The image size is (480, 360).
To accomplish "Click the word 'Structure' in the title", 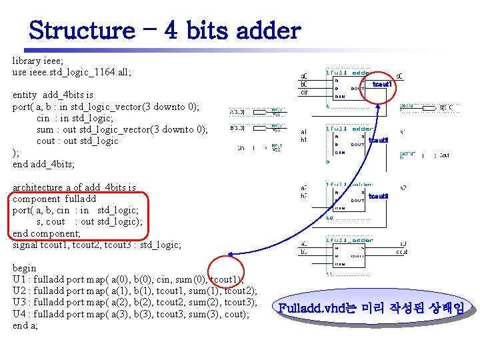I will click(81, 30).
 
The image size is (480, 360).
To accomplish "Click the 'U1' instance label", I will click(19, 279).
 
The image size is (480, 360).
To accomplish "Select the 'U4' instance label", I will click(19, 314).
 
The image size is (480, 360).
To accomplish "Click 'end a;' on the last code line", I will click(26, 325).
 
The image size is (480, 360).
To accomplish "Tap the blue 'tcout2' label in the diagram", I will click(378, 140).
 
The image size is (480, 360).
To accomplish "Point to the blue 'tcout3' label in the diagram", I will click(378, 196).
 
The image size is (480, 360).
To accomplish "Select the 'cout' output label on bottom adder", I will click(401, 252).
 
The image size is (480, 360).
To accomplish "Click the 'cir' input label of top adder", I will click(304, 93).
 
